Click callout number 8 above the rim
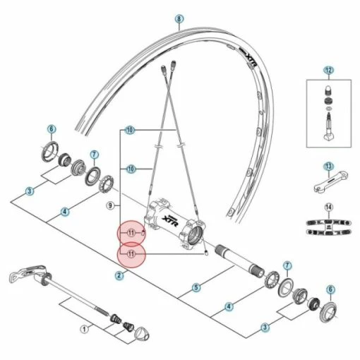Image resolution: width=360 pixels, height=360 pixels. click(179, 19)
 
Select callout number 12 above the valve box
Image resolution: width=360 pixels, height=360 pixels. click(328, 71)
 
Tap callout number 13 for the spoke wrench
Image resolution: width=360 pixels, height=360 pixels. click(328, 167)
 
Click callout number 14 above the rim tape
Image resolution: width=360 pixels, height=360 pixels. click(328, 208)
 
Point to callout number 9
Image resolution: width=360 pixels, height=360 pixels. click(110, 206)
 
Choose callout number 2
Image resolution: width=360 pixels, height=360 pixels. click(119, 275)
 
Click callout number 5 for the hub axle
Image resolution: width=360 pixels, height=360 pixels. click(196, 287)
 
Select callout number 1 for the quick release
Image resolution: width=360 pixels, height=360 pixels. click(84, 329)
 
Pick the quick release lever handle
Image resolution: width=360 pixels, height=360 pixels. click(27, 273)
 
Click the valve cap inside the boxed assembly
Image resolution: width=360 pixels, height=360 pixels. click(328, 91)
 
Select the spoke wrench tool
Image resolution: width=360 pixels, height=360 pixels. click(331, 181)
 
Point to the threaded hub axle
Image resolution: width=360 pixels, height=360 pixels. click(239, 260)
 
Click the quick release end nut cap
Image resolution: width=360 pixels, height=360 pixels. click(142, 334)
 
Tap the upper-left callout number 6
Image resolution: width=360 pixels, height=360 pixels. click(52, 129)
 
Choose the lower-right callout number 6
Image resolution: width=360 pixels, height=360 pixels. click(330, 289)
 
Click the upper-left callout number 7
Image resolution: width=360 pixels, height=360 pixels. click(94, 155)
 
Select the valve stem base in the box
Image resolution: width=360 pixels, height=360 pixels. click(329, 137)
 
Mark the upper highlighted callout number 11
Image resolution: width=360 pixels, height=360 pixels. click(131, 233)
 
